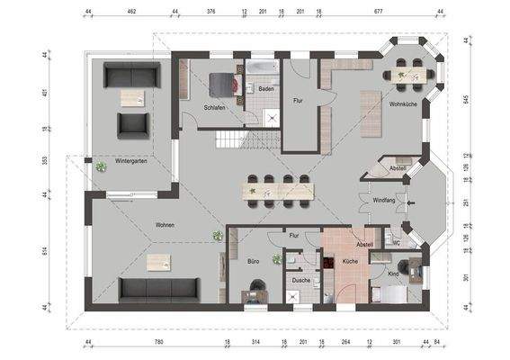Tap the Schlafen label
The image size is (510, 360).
(214, 106)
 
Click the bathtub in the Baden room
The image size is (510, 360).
(264, 69)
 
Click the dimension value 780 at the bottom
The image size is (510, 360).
(157, 344)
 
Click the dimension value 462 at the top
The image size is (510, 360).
(131, 13)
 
